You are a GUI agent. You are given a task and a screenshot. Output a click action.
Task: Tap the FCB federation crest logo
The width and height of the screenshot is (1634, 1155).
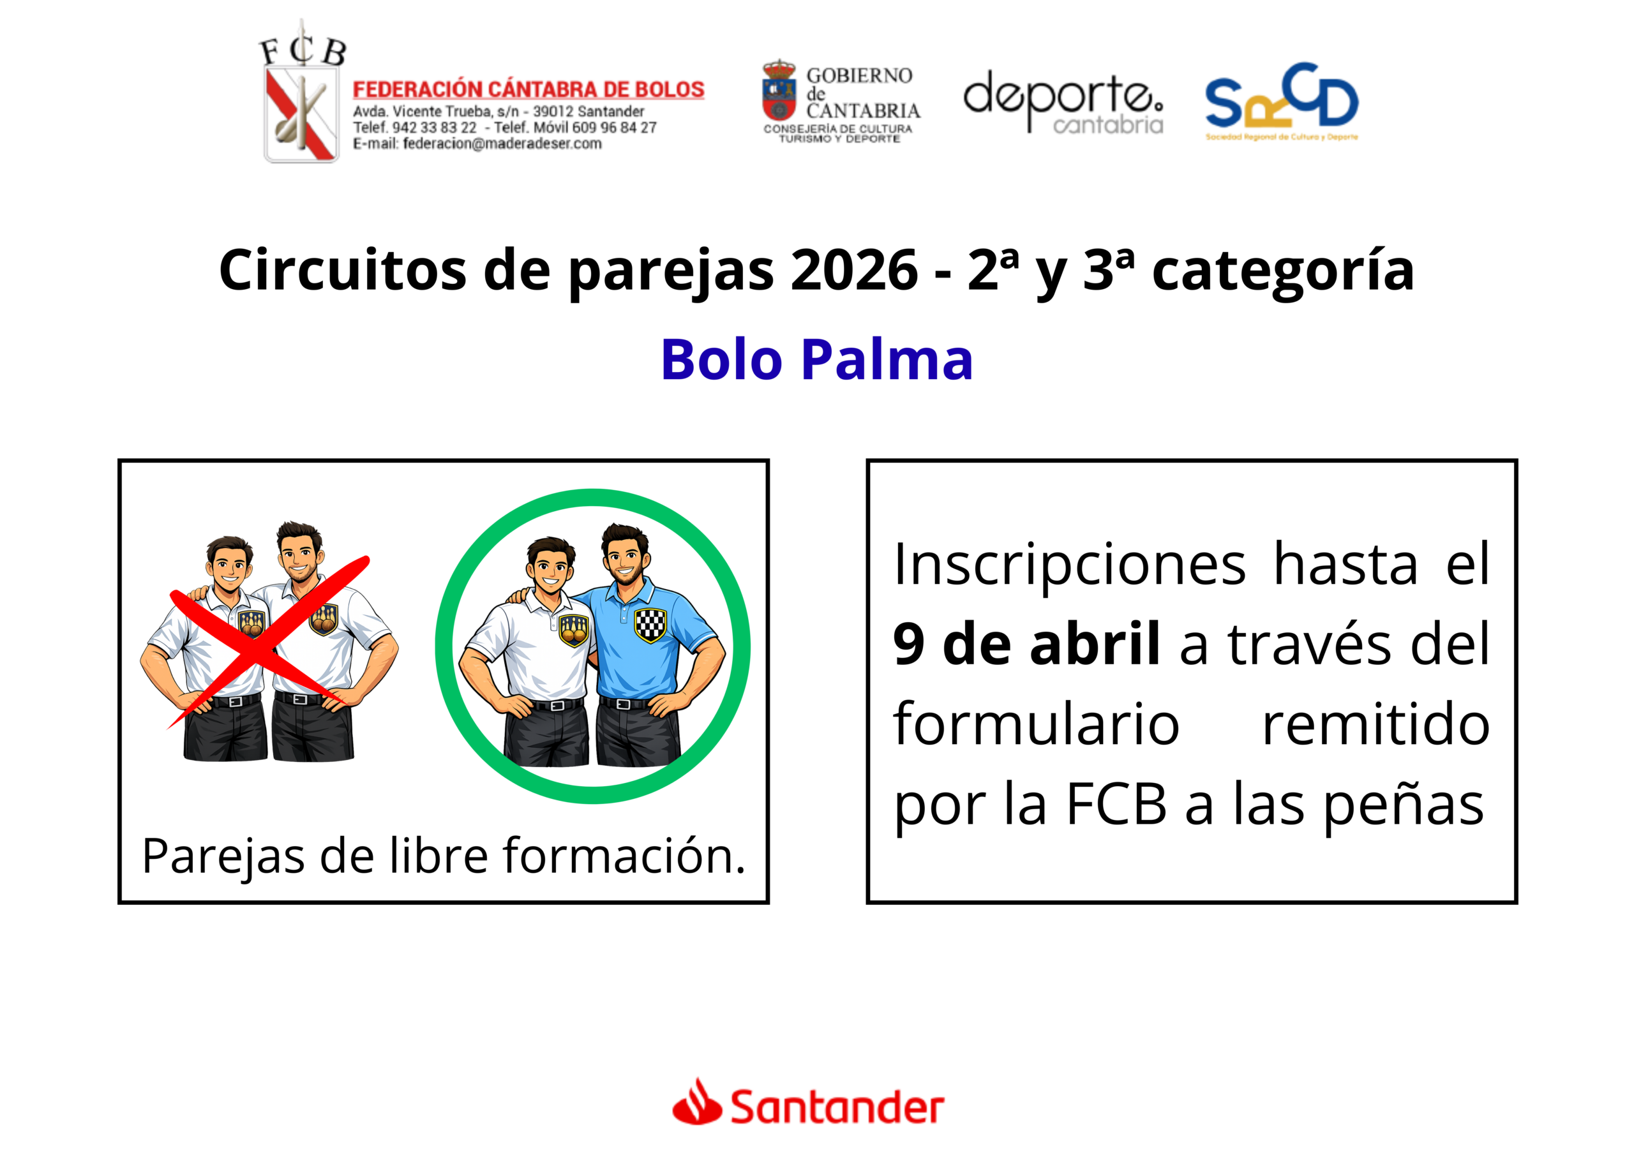[302, 93]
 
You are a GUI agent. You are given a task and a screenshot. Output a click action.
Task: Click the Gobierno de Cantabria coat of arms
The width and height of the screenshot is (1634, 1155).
[779, 91]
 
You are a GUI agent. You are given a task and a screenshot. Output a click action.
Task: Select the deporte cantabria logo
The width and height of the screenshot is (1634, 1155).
[1063, 101]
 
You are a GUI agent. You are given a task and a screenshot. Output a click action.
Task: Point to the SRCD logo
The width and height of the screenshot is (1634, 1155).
[1282, 101]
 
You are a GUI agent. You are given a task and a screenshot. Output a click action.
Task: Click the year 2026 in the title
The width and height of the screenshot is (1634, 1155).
[854, 271]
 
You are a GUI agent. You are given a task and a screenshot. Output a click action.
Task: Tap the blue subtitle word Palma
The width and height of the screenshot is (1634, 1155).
[887, 360]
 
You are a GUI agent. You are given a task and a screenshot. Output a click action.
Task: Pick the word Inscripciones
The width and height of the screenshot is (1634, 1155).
[1070, 564]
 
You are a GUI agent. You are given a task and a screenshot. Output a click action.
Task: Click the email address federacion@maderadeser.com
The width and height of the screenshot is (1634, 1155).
[502, 144]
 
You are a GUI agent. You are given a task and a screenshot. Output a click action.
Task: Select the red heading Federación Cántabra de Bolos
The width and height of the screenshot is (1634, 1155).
[528, 90]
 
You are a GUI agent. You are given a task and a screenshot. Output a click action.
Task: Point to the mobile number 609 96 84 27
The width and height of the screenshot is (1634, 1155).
[614, 128]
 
